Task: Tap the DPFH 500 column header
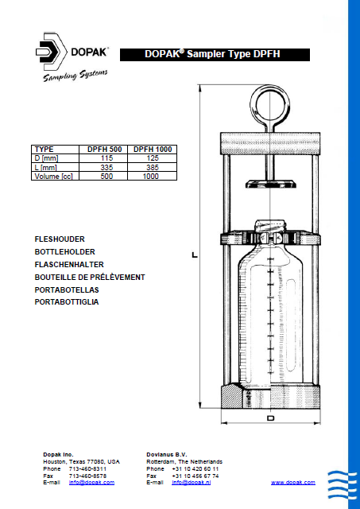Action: click(x=104, y=149)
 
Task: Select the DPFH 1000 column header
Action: click(x=152, y=149)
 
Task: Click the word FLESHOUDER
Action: click(x=60, y=239)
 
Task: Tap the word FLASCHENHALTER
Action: click(x=69, y=264)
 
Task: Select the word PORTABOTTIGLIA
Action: click(x=67, y=302)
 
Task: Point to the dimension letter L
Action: click(x=194, y=255)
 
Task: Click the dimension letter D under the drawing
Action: click(x=271, y=418)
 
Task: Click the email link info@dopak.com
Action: click(x=91, y=483)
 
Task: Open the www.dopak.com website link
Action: click(x=292, y=483)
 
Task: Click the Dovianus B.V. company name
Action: click(x=167, y=454)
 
